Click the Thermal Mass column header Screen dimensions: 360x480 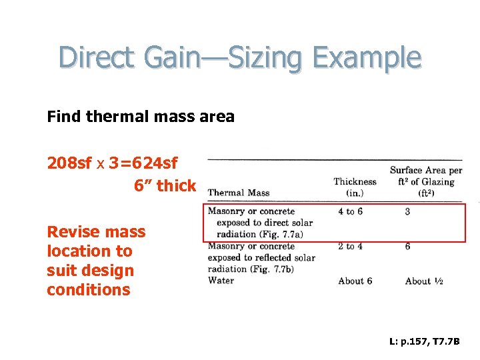(x=239, y=193)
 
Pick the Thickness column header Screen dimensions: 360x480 (x=355, y=181)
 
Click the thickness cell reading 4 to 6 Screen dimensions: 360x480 (x=350, y=212)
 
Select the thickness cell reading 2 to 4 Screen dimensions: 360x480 (x=350, y=247)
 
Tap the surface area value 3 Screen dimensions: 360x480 (x=407, y=212)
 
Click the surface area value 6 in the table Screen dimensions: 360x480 (x=407, y=247)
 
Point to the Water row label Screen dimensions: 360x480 (x=221, y=281)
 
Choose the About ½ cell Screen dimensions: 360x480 (x=424, y=281)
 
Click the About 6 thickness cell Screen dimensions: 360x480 (x=355, y=281)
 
